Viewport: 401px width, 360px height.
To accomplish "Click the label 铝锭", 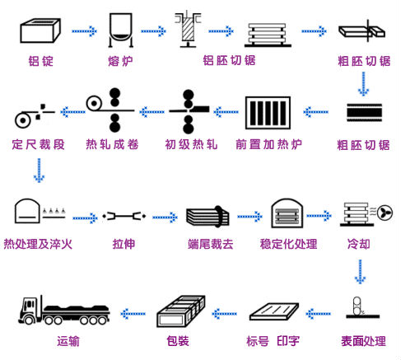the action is tap(40, 61).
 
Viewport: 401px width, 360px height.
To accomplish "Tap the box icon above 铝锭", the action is tap(40, 30).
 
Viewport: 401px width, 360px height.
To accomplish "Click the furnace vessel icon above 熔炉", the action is tap(121, 30).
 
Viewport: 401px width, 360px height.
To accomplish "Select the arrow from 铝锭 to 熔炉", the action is tap(84, 31).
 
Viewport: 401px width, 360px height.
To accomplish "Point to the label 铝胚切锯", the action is tap(229, 60).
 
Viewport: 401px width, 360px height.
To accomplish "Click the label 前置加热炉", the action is tap(268, 144).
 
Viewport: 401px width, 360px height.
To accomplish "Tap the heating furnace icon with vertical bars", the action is tap(268, 112).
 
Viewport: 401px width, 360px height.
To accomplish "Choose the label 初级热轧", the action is tap(191, 144).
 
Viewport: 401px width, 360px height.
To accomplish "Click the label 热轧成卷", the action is tap(112, 144).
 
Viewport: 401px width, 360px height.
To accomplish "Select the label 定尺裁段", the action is tap(38, 144).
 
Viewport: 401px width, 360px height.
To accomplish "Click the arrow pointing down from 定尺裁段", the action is tap(39, 171).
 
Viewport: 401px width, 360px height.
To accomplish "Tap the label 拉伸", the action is tap(124, 244).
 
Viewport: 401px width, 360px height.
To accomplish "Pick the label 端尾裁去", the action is tap(211, 244).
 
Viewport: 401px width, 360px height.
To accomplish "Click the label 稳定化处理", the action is tap(289, 244).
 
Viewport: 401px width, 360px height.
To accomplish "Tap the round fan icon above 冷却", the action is tap(385, 213).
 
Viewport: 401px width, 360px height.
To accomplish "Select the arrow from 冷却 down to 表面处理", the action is tap(360, 272).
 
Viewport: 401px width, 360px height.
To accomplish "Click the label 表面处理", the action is tap(363, 341).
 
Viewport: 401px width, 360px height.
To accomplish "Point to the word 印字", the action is tap(288, 341).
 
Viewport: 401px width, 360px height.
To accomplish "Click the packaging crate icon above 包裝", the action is tap(181, 311).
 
